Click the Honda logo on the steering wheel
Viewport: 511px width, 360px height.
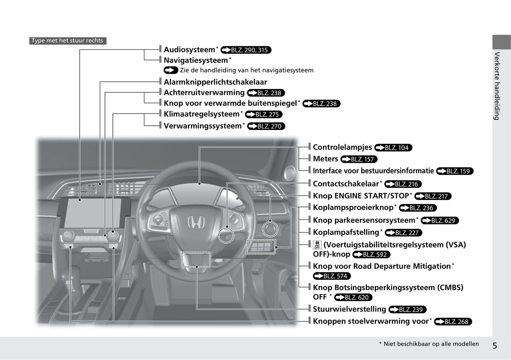pyautogui.click(x=196, y=222)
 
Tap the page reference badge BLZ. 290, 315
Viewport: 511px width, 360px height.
pyautogui.click(x=246, y=50)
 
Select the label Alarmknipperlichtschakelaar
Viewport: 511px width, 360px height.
pyautogui.click(x=215, y=82)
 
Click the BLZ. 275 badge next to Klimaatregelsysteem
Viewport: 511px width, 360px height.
pyautogui.click(x=264, y=114)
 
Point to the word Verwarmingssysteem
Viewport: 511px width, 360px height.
pyautogui.click(x=203, y=126)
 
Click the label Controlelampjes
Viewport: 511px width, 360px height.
pyautogui.click(x=342, y=147)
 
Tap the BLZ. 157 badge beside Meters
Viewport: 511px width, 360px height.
pyautogui.click(x=359, y=159)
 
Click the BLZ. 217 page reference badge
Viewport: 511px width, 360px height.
pyautogui.click(x=433, y=196)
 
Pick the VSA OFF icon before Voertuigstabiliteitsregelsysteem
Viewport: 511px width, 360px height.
pyautogui.click(x=317, y=245)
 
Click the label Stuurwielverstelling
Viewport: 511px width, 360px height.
pyautogui.click(x=349, y=309)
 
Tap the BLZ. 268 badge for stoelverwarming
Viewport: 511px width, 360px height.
pyautogui.click(x=453, y=322)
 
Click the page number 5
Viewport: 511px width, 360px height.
pyautogui.click(x=495, y=346)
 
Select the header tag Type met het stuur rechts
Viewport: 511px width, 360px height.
pyautogui.click(x=68, y=41)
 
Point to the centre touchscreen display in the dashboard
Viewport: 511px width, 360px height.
pyautogui.click(x=92, y=213)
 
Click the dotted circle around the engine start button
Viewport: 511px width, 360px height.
pyautogui.click(x=270, y=229)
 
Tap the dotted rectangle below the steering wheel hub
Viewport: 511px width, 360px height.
pyautogui.click(x=196, y=260)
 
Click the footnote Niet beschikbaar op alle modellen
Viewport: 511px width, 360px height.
pyautogui.click(x=431, y=344)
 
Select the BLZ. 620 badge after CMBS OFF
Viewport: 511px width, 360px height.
pyautogui.click(x=353, y=297)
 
